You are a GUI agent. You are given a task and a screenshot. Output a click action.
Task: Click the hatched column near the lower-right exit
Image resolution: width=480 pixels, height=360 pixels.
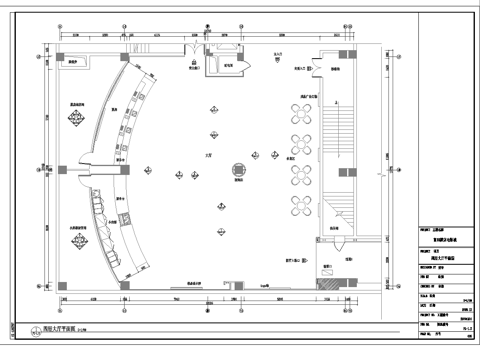pos(324,282)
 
